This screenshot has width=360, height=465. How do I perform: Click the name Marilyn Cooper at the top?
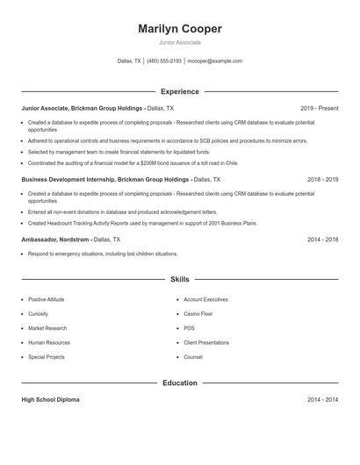point(180,29)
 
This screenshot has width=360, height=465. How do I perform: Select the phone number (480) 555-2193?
point(164,61)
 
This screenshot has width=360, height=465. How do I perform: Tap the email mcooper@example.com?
point(214,61)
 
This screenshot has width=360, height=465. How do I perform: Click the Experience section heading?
point(180,91)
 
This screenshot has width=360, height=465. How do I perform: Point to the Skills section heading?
point(180,279)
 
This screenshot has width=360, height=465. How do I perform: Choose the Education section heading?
point(180,383)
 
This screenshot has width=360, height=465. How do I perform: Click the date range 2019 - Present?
point(319,108)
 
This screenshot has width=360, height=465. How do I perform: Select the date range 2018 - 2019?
point(323,179)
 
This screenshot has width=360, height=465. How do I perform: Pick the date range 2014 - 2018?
point(323,239)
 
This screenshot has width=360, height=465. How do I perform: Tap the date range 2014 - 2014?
point(323,399)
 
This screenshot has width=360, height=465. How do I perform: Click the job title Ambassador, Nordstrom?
point(55,239)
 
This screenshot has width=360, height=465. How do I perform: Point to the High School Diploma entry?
point(50,399)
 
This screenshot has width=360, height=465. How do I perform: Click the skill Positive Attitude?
point(46,299)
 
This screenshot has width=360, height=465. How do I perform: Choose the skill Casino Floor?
point(198,313)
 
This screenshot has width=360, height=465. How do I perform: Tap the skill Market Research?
point(47,328)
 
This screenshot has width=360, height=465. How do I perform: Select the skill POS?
point(189,328)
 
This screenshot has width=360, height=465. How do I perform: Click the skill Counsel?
point(193,357)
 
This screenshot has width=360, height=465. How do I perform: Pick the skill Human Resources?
point(48,342)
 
